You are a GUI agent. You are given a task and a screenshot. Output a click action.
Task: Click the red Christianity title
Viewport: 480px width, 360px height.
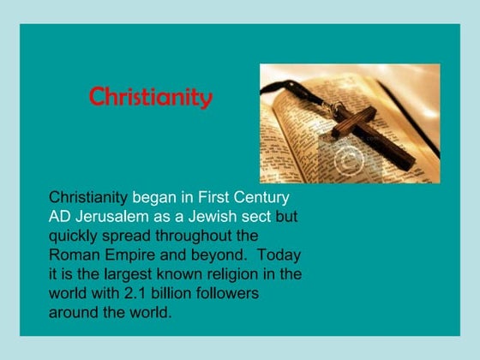pos(151,97)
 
